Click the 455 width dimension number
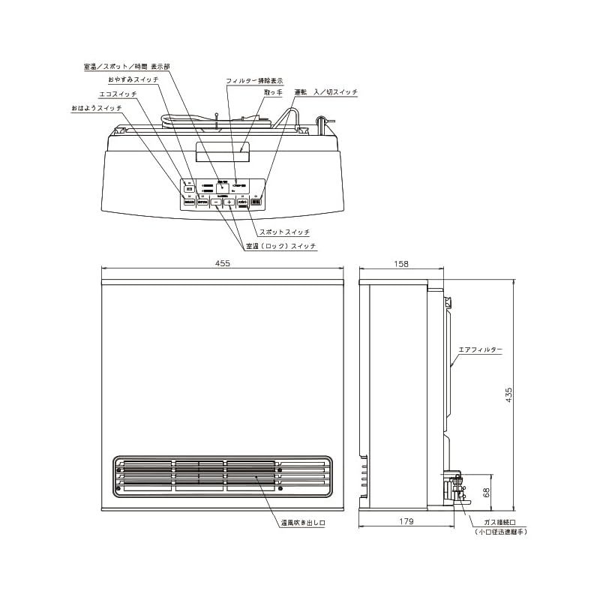pos(222,263)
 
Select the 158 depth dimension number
pos(401,263)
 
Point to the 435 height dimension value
pos(509,395)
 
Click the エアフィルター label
pos(481,350)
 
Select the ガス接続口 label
pos(501,522)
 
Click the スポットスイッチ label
pos(284,232)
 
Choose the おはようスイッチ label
pos(96,109)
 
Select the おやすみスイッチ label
pos(133,79)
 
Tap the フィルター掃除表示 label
pos(254,80)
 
